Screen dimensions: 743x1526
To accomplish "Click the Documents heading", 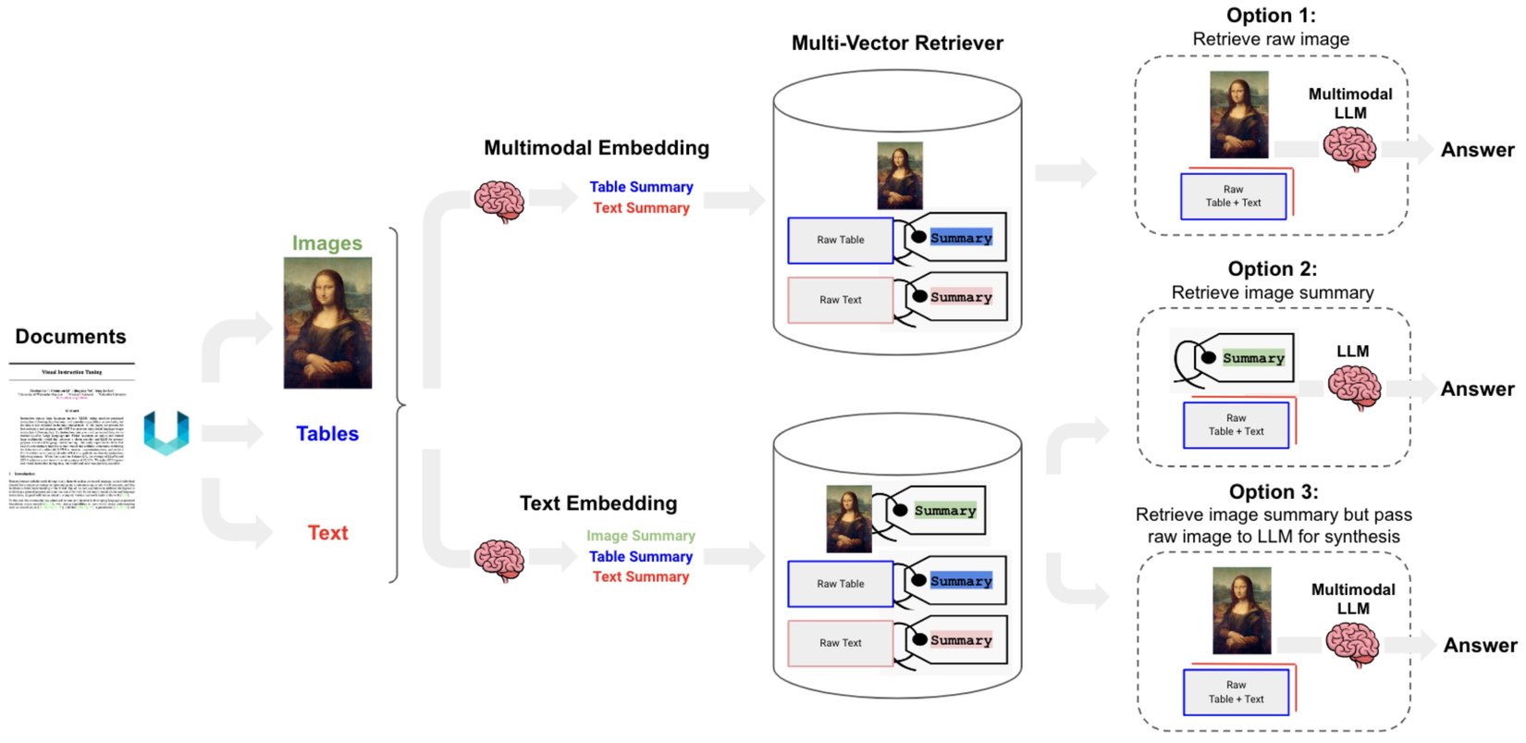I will click(70, 337).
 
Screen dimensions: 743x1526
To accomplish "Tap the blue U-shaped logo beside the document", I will click(166, 433).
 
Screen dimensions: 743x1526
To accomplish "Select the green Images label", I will click(326, 242).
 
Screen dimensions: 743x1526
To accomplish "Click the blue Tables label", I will click(326, 433).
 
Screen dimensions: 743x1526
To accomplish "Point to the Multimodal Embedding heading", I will click(597, 148).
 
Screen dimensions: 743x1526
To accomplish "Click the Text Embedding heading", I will click(598, 503).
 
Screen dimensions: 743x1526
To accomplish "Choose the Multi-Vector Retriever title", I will click(897, 43).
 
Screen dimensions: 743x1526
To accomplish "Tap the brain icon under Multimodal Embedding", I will click(499, 202).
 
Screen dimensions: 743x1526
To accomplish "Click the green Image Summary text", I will click(640, 536).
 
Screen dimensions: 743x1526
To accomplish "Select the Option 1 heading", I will click(1271, 16).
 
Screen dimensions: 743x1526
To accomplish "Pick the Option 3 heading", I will click(1274, 492).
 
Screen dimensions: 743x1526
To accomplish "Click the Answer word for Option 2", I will click(1477, 390).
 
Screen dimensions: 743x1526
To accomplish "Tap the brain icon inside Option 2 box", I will click(1354, 387).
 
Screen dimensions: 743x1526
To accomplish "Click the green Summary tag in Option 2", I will click(1252, 358).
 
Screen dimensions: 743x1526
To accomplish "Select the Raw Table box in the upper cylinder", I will click(840, 241).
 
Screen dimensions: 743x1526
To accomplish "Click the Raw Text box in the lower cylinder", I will click(840, 643).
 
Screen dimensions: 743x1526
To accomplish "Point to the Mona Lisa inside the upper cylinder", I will click(899, 176).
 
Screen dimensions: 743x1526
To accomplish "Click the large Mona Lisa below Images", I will click(327, 323).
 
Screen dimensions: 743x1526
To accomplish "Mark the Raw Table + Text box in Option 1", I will click(1233, 196).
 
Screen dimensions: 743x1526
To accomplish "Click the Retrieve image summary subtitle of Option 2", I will click(1272, 292).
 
